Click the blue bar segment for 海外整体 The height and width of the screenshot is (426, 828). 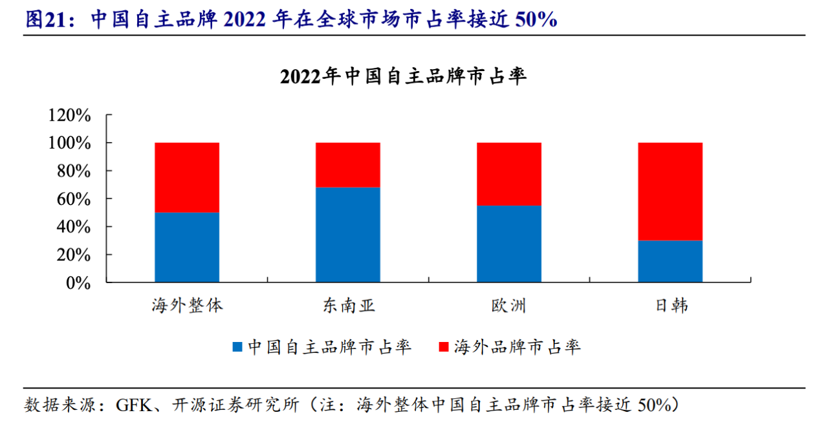(187, 248)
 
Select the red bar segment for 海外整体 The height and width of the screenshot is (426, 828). (187, 178)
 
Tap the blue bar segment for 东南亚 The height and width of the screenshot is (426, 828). (348, 235)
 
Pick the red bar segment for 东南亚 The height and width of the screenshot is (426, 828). (348, 165)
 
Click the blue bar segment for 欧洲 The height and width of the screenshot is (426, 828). (509, 244)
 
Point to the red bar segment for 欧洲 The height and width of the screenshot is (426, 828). (509, 174)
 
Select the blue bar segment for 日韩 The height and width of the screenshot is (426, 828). (670, 261)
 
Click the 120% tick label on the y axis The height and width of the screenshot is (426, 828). (69, 115)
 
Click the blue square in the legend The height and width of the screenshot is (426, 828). (237, 347)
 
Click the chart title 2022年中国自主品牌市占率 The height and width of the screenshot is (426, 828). (404, 77)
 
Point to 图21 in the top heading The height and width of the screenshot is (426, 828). (45, 19)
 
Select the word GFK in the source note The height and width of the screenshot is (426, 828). (132, 405)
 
